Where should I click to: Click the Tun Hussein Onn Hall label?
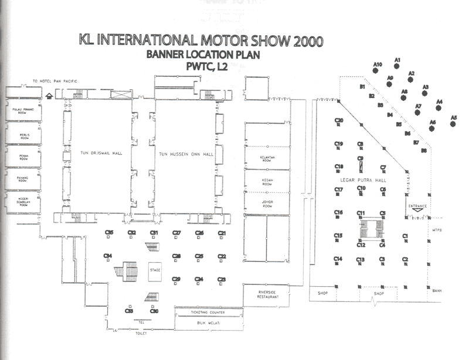(186, 154)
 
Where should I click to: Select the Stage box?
(155, 270)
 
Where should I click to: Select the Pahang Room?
(21, 179)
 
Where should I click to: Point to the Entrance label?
(418, 206)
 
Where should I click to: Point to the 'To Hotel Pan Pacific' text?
(55, 81)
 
